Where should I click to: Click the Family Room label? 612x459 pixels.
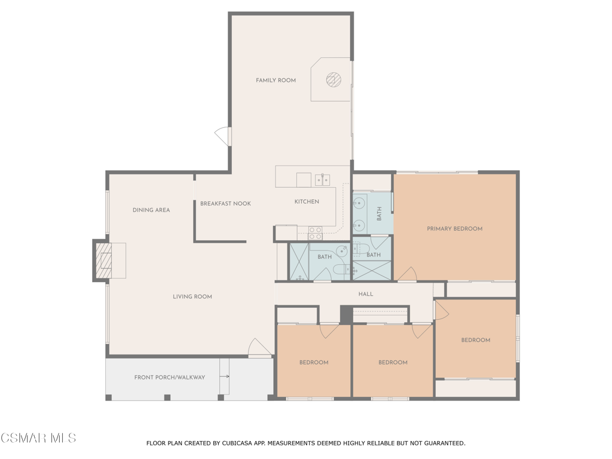[276, 80]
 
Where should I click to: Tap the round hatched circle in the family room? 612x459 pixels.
[333, 79]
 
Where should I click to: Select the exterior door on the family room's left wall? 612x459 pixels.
[224, 136]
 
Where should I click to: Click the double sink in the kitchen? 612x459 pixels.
[323, 179]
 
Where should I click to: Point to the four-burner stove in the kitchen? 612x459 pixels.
[315, 233]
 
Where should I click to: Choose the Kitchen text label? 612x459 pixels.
[307, 202]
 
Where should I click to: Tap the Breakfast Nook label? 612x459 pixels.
[225, 204]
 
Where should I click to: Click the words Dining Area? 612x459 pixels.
[151, 210]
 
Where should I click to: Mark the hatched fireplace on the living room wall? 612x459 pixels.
[105, 261]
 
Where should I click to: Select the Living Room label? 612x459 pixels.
[192, 297]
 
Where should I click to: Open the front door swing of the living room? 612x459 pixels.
[258, 347]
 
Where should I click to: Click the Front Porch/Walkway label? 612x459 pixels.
[170, 378]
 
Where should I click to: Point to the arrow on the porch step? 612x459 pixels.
[225, 377]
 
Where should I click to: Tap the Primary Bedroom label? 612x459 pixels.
[454, 229]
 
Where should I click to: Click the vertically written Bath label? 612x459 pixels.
[379, 214]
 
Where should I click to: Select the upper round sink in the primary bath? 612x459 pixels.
[360, 203]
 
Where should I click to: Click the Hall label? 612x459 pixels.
[366, 294]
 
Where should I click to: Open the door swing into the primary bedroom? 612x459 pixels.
[407, 274]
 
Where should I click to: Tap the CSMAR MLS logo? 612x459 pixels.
[38, 438]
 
